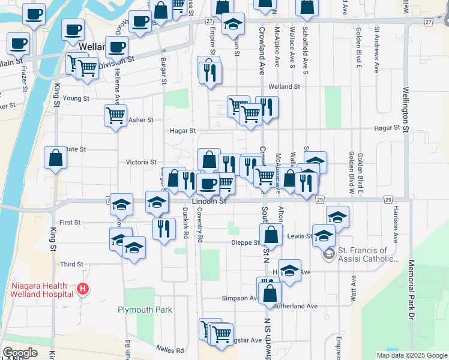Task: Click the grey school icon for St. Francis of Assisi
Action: (x=328, y=254)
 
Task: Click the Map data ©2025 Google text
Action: (x=411, y=355)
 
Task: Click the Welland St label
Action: (x=284, y=86)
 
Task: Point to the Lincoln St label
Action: (x=209, y=202)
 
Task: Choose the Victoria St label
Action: (x=140, y=162)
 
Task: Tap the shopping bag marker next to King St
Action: (x=55, y=158)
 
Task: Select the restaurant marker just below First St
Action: (x=163, y=228)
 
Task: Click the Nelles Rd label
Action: (x=171, y=350)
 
